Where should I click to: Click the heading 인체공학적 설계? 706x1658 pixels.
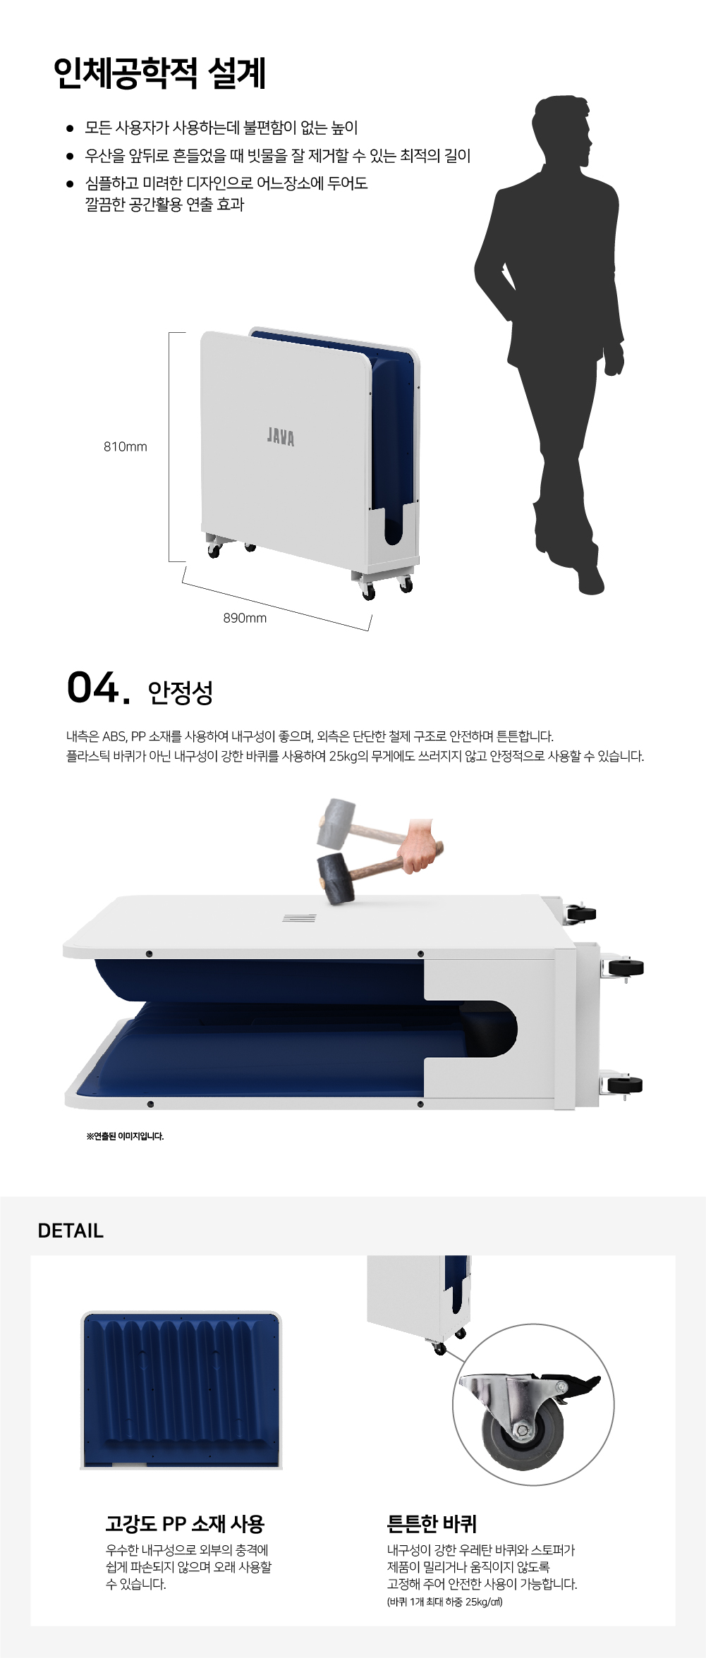159,73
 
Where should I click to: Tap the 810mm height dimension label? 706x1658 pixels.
126,446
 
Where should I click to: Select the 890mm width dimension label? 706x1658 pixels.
245,618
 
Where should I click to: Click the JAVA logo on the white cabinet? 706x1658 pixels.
281,437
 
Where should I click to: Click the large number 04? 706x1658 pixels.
99,688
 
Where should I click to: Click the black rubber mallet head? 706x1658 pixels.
336,879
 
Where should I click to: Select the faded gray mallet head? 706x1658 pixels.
334,823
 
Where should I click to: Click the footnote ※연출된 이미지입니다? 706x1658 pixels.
125,1136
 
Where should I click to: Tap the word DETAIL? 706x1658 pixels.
71,1231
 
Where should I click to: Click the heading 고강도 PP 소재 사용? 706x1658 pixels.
185,1524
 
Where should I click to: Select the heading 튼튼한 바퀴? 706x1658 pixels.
432,1524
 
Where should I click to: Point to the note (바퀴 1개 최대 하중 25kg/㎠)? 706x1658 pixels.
444,1602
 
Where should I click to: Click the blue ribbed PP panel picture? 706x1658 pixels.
182,1389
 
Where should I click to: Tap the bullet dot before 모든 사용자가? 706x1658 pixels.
70,128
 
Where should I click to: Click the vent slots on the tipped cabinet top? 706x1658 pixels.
299,918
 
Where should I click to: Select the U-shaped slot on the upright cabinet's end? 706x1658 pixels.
394,525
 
